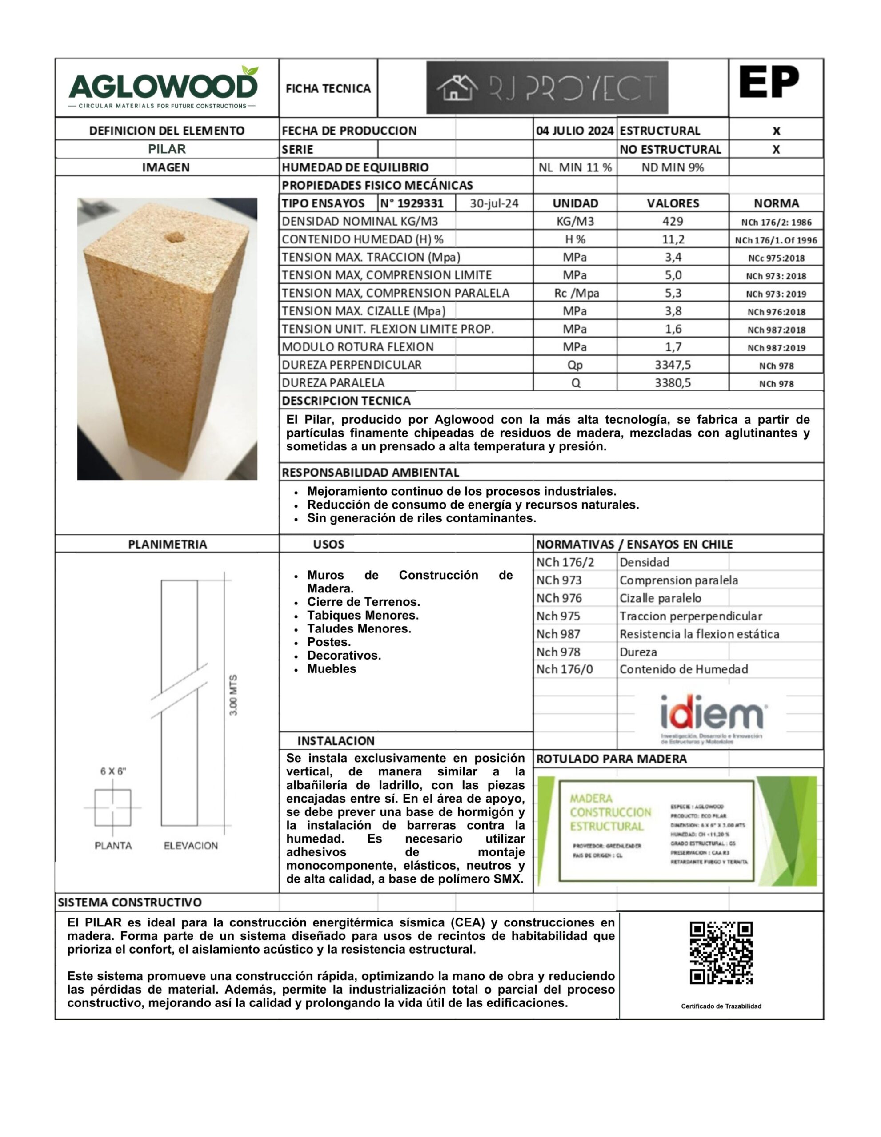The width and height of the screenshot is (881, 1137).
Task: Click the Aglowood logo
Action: tap(163, 87)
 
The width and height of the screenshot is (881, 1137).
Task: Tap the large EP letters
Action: tap(769, 82)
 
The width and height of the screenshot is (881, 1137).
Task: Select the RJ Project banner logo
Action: tap(547, 87)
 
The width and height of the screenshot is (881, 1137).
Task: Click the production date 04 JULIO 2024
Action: tap(575, 131)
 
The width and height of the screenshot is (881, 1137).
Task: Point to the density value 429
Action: tap(673, 221)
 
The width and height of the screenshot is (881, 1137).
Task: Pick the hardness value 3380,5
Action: tap(673, 383)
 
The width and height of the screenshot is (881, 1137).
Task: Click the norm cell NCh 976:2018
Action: tap(776, 312)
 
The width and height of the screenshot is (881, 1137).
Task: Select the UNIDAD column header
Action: tap(575, 203)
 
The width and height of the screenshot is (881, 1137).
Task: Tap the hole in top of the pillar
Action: tap(176, 239)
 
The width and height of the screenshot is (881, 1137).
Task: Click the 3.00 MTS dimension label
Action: tap(233, 695)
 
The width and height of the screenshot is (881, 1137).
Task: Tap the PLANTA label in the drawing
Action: tap(113, 846)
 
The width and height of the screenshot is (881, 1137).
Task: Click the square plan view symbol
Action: tap(112, 807)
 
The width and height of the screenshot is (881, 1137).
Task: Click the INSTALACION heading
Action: tap(336, 741)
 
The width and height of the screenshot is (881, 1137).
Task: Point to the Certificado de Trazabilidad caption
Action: tap(721, 1006)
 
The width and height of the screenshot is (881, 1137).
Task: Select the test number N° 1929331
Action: tap(412, 203)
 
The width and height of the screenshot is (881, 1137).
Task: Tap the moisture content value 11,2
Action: tap(673, 239)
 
